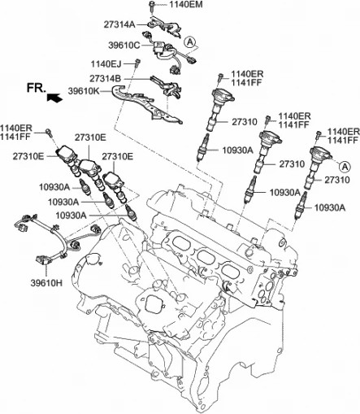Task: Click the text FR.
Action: coord(35,87)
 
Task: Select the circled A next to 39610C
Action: coord(189,41)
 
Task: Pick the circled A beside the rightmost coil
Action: coord(345,165)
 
